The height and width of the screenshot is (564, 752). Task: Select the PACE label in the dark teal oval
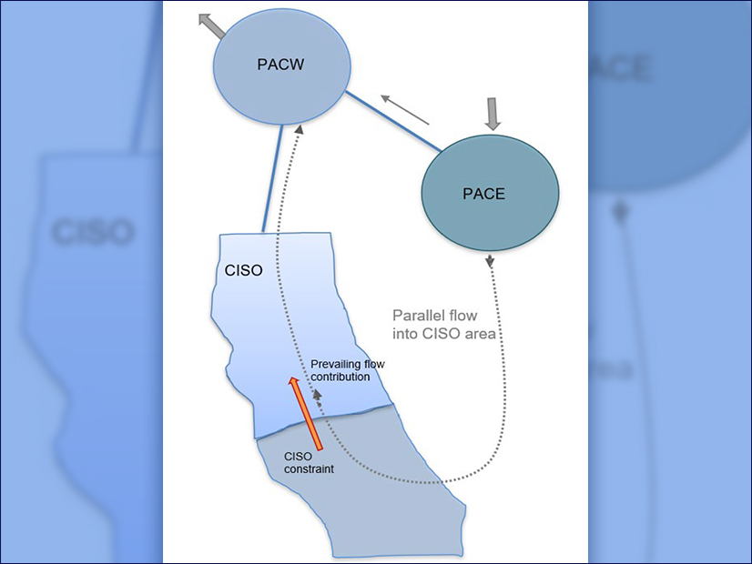(483, 194)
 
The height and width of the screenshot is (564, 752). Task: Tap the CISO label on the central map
(243, 271)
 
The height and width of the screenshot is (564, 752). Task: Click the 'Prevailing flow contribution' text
(347, 370)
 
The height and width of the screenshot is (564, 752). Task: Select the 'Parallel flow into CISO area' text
(442, 324)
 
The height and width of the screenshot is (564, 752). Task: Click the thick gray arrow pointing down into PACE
(493, 113)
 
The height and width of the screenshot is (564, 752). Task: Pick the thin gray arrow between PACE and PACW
(404, 109)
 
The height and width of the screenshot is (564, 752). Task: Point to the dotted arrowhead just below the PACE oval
(492, 262)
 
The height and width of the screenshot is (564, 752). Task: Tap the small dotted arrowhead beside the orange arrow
(318, 397)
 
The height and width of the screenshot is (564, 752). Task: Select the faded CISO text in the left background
(92, 231)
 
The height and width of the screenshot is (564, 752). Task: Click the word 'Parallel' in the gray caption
(416, 316)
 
